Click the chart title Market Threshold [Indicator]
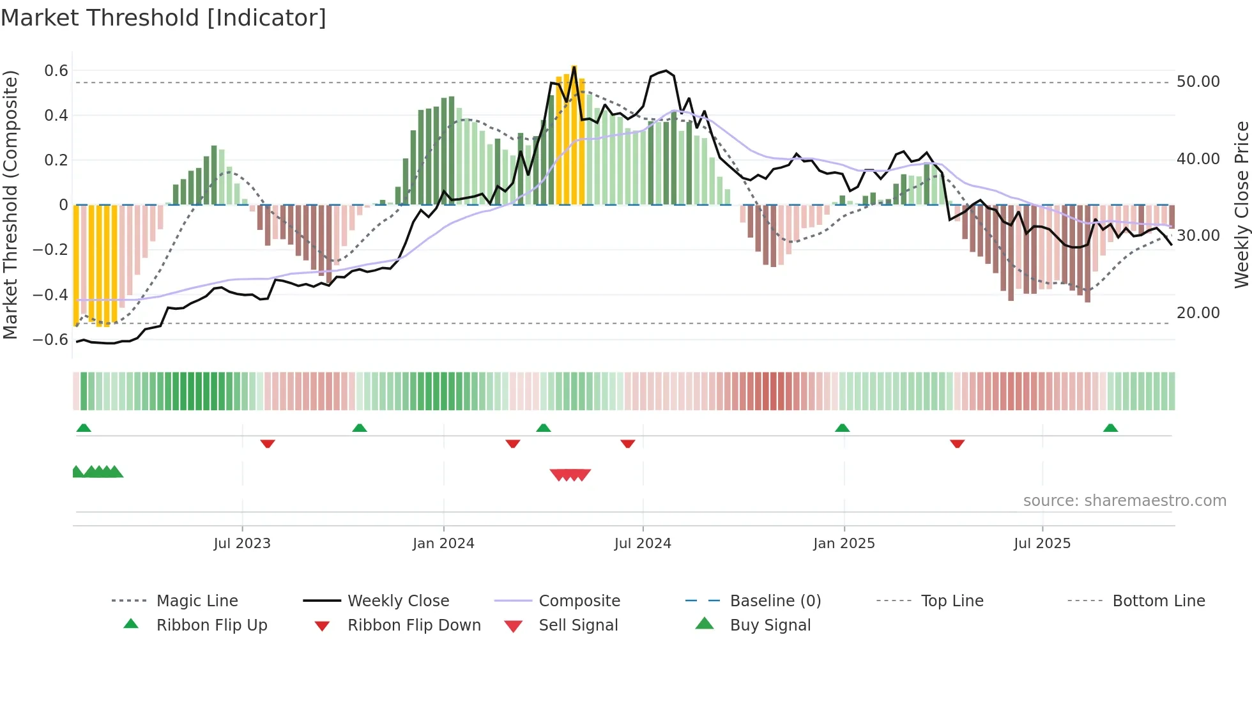[x=164, y=18]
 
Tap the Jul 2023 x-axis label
[x=242, y=544]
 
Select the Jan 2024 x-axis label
[x=443, y=544]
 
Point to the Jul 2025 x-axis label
[x=1042, y=544]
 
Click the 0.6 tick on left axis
[x=56, y=71]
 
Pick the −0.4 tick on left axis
[x=51, y=295]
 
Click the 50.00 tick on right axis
[x=1198, y=82]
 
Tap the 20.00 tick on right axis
[x=1198, y=313]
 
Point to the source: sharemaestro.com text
[x=1124, y=501]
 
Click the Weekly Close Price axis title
[x=1241, y=204]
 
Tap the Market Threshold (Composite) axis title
[x=10, y=204]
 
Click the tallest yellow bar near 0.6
[x=574, y=134]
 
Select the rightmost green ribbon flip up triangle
[x=1110, y=428]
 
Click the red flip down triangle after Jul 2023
[x=268, y=443]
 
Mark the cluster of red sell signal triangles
[x=570, y=475]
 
